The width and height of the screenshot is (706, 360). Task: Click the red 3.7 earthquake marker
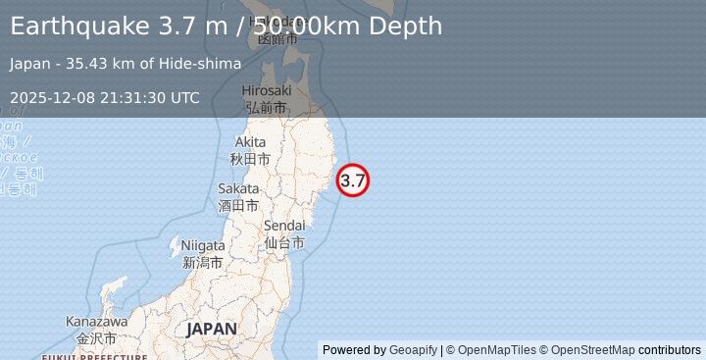[353, 180]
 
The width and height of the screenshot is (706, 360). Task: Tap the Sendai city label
[283, 227]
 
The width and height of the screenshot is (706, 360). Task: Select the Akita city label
[249, 142]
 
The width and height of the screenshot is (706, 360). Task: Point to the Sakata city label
[238, 188]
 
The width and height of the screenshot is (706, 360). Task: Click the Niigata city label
[203, 245]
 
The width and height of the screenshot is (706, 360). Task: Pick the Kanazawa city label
[97, 322]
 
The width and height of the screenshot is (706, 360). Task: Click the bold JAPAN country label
[211, 329]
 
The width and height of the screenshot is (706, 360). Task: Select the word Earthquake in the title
[79, 26]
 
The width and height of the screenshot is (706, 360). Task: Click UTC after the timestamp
[185, 97]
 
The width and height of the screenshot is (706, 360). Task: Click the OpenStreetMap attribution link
[592, 350]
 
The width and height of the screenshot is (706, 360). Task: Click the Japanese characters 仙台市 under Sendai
[283, 242]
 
